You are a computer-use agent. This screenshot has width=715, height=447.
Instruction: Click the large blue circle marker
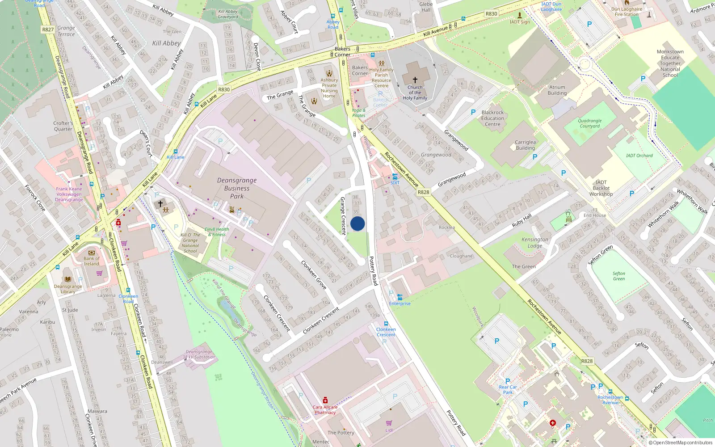[x=357, y=223]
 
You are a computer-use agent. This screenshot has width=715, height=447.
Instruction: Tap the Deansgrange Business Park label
[x=237, y=188]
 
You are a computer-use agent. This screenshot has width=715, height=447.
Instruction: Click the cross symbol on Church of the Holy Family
[x=415, y=80]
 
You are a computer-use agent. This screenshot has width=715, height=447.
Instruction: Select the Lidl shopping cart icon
[x=389, y=422]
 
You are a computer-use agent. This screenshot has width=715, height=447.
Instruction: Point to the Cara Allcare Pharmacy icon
[x=325, y=400]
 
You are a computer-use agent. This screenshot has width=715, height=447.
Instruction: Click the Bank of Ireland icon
[x=92, y=252]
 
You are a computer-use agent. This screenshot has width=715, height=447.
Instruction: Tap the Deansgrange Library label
[x=68, y=289]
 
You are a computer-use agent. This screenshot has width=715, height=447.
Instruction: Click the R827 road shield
[x=48, y=30]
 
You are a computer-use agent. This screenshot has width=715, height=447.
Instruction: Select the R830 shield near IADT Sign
[x=491, y=14]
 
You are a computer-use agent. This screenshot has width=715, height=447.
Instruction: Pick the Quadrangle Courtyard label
[x=589, y=123]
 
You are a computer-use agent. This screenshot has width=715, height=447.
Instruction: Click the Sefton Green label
[x=618, y=276]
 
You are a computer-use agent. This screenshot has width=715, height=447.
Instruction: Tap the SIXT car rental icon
[x=395, y=177]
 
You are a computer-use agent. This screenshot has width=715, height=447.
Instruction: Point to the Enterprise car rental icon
[x=399, y=297]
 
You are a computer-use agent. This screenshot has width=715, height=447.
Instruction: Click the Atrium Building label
[x=557, y=90]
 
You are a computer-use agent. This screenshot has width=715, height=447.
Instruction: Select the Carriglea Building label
[x=525, y=145]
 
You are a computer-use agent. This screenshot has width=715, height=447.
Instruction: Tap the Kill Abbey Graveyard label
[x=228, y=14]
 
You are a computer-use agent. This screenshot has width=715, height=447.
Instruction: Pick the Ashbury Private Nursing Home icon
[x=329, y=73]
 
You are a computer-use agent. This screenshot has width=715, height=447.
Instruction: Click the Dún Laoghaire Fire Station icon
[x=627, y=3]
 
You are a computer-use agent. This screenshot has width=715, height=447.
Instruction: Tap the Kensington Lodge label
[x=534, y=242]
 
